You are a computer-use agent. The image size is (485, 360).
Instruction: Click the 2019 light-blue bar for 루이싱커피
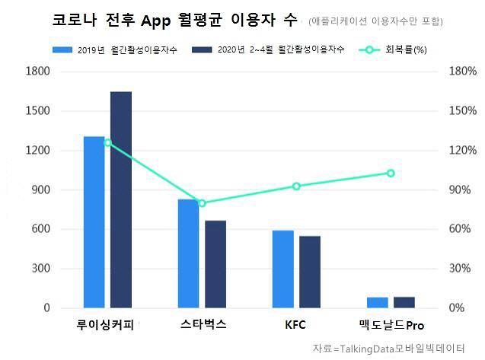tap(94, 222)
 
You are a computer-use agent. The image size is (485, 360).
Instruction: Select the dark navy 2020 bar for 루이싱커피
tap(121, 199)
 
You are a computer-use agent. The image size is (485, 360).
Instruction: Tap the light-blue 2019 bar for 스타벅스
tap(188, 253)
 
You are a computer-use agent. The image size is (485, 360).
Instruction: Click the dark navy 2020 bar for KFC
tap(310, 272)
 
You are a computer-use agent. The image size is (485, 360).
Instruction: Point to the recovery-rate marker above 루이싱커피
tap(107, 142)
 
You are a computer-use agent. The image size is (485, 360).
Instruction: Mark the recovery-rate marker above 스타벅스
tap(202, 203)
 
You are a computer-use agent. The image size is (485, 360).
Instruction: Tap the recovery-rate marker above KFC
tap(296, 186)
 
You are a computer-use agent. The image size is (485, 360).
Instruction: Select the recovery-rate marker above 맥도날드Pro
tap(391, 173)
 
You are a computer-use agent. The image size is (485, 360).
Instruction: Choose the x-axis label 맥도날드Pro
tap(391, 325)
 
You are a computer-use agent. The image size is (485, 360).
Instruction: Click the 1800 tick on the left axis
tap(38, 72)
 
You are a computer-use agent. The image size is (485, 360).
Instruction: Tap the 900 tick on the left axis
tap(41, 190)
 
